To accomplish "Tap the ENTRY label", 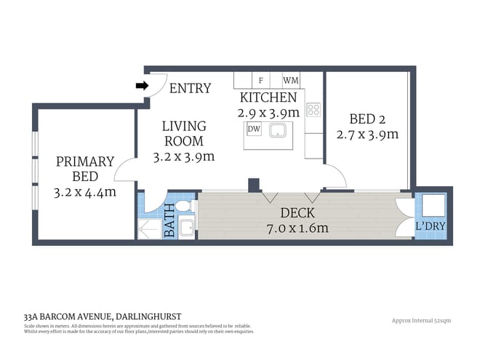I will coord(190,88).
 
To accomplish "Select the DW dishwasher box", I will coord(254,129).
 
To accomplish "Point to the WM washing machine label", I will coord(290,81).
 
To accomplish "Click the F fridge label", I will coord(260,81).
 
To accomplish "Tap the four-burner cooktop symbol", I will coord(313,110).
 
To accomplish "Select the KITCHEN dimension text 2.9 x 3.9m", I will coord(268,113).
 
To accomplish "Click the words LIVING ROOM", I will coord(183,133).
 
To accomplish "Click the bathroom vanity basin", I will coord(186,225).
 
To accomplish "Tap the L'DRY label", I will coord(431,226).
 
